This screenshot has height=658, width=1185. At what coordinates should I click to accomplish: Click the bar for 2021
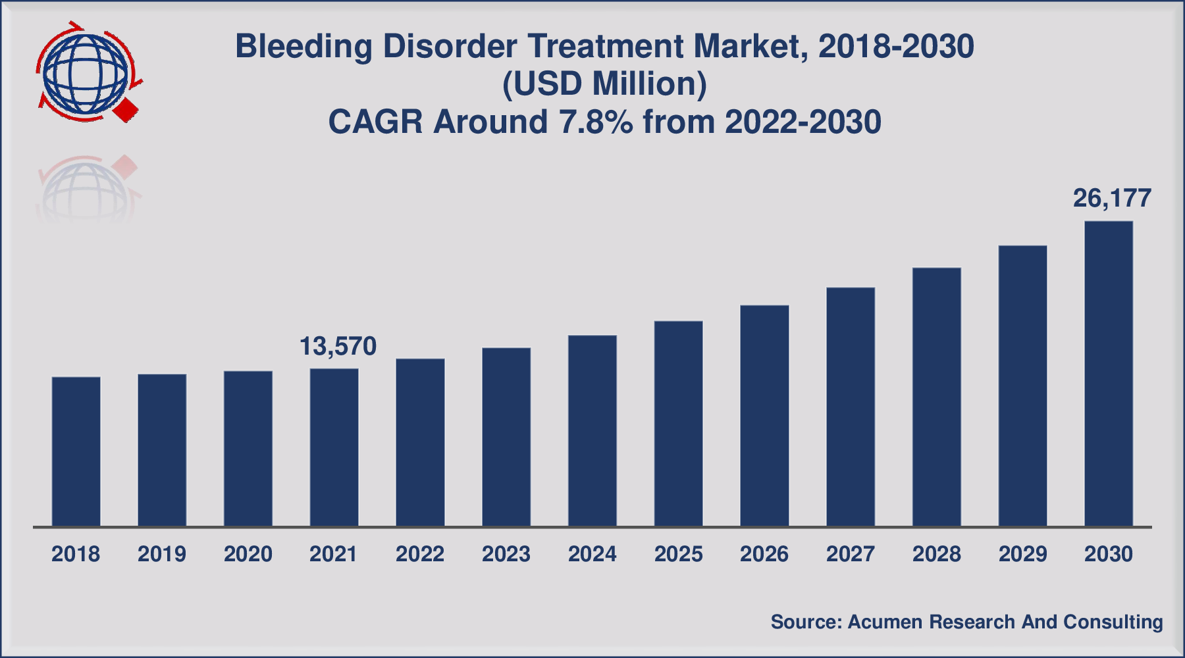point(334,447)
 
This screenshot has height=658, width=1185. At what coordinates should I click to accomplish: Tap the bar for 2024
point(592,431)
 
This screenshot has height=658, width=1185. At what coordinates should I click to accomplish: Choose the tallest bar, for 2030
point(1109,374)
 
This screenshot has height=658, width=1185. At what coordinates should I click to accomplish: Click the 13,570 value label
point(338,346)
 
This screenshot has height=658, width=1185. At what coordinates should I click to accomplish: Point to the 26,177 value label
point(1112,198)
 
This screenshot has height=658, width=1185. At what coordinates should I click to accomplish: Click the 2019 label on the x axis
point(162,554)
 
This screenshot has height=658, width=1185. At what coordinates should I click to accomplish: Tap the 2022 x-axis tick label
point(420,554)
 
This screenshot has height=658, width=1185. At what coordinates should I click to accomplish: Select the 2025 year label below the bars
point(678,554)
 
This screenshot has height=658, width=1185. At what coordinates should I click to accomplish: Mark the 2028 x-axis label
point(936,554)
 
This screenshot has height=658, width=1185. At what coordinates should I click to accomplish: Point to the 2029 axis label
point(1022,554)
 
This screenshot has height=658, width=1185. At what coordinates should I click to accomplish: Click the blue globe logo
point(85,72)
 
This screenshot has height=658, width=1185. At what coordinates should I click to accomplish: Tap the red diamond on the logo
point(126,110)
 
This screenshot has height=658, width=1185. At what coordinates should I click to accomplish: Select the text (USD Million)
point(604,84)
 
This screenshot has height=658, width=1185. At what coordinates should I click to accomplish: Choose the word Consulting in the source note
point(1113,622)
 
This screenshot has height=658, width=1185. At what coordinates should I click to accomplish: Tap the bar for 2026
point(764,416)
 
